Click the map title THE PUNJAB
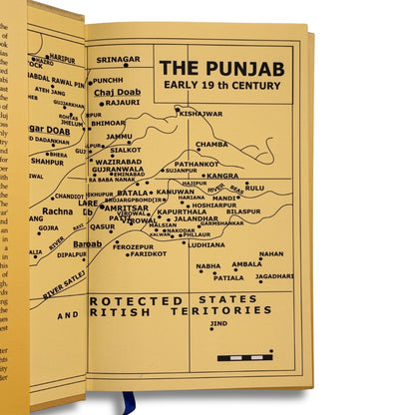[221, 69]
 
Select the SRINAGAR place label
[118, 59]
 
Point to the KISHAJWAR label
[201, 114]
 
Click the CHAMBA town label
[210, 144]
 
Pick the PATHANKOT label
[196, 164]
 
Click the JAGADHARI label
[274, 275]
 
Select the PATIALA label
[227, 278]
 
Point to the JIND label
[218, 323]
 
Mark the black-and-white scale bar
[244, 356]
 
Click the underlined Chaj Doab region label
[117, 92]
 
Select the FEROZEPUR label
[133, 245]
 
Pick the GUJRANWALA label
[118, 170]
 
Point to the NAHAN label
[270, 253]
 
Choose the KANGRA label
[221, 176]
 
